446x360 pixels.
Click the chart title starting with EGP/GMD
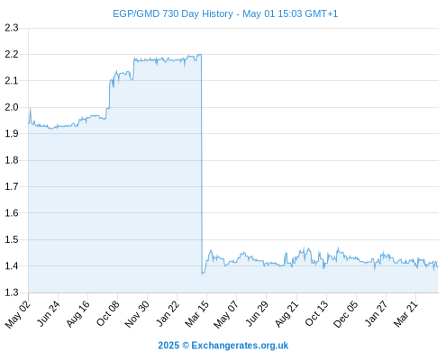225,13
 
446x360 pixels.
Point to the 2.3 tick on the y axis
12,28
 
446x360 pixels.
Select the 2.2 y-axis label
12,54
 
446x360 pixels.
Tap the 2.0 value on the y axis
12,107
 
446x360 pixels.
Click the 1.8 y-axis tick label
12,160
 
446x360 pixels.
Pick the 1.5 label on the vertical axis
12,239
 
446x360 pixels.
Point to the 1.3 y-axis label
12,292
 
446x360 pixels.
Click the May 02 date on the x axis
18,314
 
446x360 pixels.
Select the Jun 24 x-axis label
48,313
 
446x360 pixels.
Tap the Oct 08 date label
108,313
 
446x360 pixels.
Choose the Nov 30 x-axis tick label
137,314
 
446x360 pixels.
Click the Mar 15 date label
196,314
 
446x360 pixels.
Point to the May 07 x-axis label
226,314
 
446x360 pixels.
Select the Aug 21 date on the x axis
287,314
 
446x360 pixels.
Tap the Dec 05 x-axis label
346,314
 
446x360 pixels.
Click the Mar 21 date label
405,314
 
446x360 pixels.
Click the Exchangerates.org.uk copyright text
223,346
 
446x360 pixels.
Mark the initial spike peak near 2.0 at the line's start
31,108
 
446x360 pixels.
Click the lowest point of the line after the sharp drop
202,274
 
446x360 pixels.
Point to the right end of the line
438,266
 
